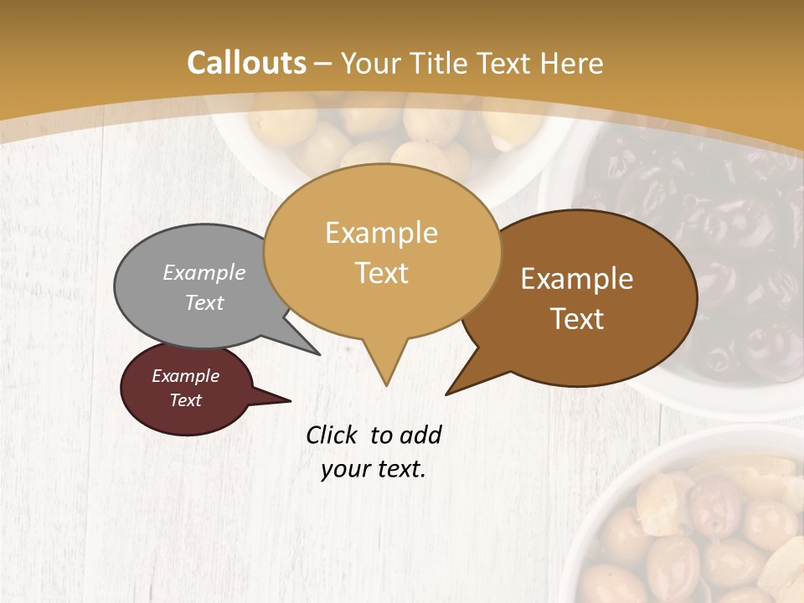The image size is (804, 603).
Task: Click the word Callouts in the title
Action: coord(246,63)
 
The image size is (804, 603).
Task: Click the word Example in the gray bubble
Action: coord(204,273)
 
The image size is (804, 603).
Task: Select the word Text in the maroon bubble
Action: coord(185,400)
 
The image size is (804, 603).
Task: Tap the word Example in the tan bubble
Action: coord(381,233)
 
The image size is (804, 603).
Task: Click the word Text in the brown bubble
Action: coord(578,319)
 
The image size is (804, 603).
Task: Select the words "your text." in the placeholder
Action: coord(374,469)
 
